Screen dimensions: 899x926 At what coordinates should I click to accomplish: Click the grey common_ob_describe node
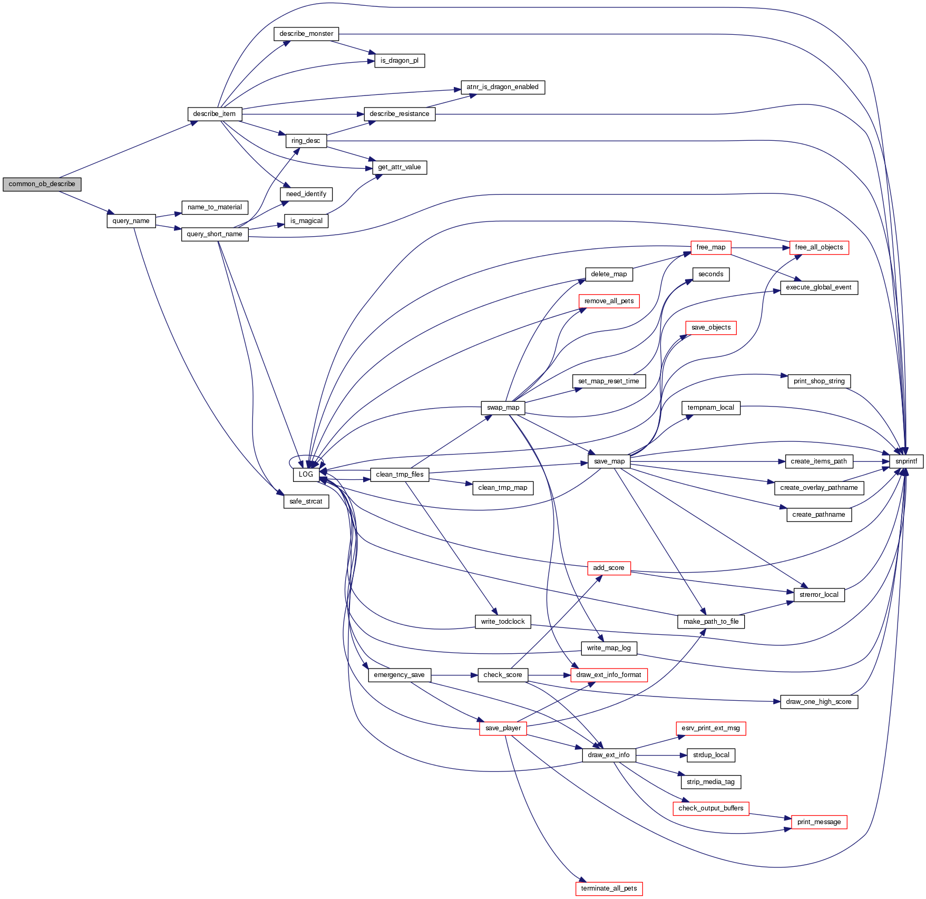click(42, 184)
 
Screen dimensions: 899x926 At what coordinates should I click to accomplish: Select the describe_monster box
click(306, 34)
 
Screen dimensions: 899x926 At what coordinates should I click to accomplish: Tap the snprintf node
click(906, 461)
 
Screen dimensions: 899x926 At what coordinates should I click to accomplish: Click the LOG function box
click(306, 475)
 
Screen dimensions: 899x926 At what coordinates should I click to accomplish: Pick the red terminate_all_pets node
click(609, 888)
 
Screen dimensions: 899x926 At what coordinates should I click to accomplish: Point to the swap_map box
click(503, 408)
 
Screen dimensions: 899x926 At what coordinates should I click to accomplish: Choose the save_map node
click(609, 461)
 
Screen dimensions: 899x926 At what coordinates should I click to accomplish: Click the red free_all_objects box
click(818, 247)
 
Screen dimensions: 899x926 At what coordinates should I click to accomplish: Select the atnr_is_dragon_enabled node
click(502, 87)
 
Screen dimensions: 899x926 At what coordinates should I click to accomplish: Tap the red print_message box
click(818, 822)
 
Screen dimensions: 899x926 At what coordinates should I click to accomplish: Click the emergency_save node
click(399, 675)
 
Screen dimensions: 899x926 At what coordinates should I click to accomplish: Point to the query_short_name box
click(215, 234)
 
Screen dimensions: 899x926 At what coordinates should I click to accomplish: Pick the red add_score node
click(609, 568)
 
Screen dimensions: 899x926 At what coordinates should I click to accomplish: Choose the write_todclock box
click(502, 622)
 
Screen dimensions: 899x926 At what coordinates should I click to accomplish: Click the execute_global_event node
click(818, 287)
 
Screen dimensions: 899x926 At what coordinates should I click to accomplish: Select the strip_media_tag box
click(710, 782)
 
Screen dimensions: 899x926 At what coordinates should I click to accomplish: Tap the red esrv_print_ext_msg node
click(710, 728)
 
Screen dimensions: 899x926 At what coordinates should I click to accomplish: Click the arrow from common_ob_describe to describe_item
click(126, 150)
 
